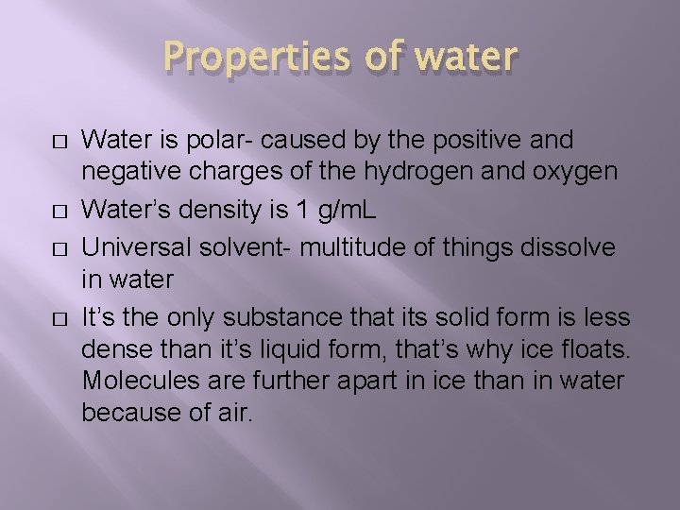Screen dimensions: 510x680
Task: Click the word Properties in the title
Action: (x=252, y=59)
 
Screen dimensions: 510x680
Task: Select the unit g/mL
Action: (x=344, y=209)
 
